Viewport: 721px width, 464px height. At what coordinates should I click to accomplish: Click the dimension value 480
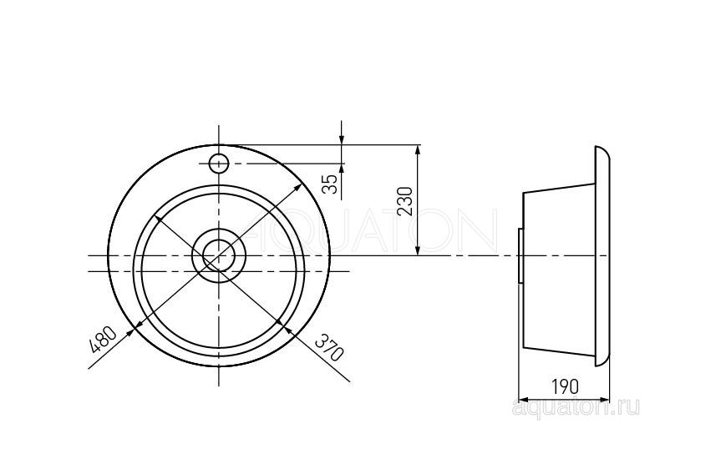[x=103, y=339]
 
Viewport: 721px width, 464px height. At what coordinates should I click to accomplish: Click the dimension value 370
[x=329, y=347]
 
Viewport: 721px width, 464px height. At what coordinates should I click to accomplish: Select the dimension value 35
[x=330, y=184]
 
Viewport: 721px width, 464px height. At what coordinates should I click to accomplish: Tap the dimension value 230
[x=404, y=201]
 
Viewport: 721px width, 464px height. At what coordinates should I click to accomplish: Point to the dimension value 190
[x=565, y=387]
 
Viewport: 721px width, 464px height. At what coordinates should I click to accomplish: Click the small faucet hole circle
[x=218, y=163]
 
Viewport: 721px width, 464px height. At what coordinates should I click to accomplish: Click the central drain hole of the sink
[x=219, y=255]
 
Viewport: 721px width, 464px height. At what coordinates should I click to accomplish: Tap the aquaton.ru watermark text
[x=576, y=407]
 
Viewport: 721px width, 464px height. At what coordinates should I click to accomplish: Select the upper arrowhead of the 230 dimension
[x=417, y=151]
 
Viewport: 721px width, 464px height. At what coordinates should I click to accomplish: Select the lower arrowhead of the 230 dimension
[x=417, y=250]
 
